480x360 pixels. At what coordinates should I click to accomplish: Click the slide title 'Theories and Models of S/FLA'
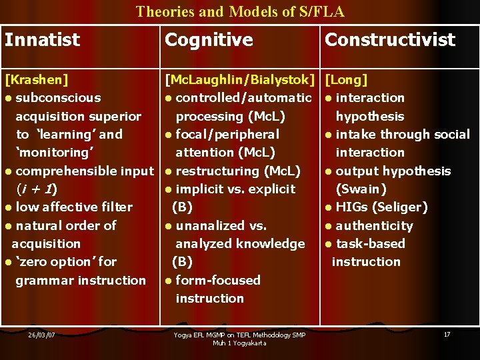pos(240,11)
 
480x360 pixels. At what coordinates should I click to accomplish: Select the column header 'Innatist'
pos(42,40)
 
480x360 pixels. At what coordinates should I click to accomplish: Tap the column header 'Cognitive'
pos(209,40)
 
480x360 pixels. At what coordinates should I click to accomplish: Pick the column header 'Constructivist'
pos(389,40)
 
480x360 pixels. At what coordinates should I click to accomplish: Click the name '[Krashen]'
pos(37,80)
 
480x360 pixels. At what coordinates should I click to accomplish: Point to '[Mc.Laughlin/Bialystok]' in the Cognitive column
pos(240,80)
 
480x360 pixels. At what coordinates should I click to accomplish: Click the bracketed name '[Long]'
pos(346,80)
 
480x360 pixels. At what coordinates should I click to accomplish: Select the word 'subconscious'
pos(58,98)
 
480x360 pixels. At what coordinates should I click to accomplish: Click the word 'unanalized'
pos(212,226)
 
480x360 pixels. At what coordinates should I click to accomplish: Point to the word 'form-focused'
pos(218,281)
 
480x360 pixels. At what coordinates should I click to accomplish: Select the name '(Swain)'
pos(361,189)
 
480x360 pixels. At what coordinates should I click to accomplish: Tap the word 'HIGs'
pos(352,207)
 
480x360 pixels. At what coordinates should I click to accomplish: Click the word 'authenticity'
pos(374,226)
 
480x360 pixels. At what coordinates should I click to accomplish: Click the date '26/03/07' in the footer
pos(41,335)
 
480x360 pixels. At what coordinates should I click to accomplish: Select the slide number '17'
pos(447,334)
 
